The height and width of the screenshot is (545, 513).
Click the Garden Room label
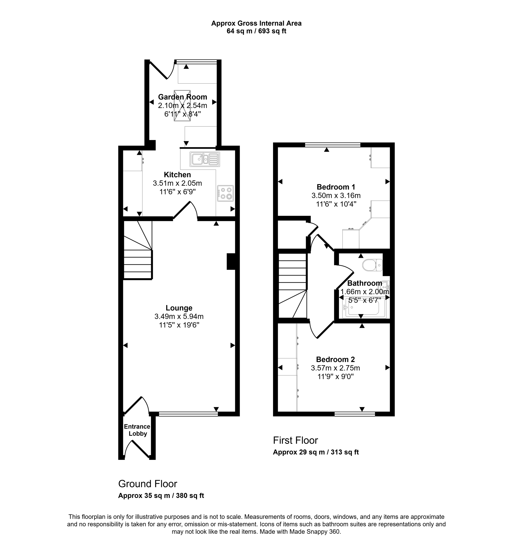pyautogui.click(x=182, y=97)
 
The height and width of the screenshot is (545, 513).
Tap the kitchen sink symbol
pyautogui.click(x=205, y=159)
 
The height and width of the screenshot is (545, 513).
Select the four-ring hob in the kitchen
pyautogui.click(x=225, y=193)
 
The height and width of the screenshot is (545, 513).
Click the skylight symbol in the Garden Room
pyautogui.click(x=182, y=105)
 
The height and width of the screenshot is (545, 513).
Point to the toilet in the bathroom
pyautogui.click(x=372, y=265)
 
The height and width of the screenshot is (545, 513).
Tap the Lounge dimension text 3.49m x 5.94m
pyautogui.click(x=179, y=317)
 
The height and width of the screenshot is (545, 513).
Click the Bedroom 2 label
pyautogui.click(x=335, y=359)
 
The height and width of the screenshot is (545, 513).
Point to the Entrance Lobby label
pyautogui.click(x=137, y=430)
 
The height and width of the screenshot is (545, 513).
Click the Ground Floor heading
pyautogui.click(x=148, y=484)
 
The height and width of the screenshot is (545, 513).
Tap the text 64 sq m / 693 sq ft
pyautogui.click(x=256, y=31)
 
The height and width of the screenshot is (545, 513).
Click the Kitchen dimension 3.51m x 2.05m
pyautogui.click(x=177, y=183)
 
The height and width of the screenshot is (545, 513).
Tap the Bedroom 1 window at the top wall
pyautogui.click(x=333, y=145)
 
